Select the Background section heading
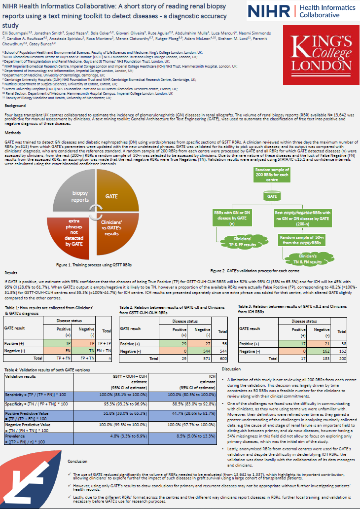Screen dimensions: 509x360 pyautogui.click(x=15, y=106)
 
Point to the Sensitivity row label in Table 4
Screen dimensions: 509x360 pyautogui.click(x=35, y=394)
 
